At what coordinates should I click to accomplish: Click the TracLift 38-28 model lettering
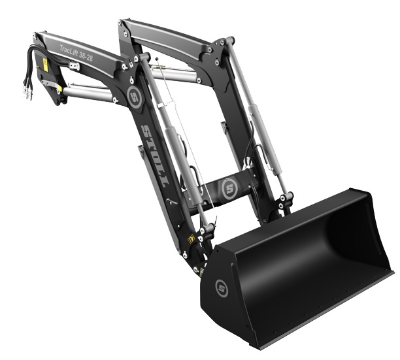click(x=76, y=53)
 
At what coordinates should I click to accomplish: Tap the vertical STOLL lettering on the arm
click(x=155, y=155)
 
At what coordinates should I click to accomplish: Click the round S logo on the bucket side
click(x=222, y=288)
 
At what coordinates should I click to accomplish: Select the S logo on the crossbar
click(x=229, y=188)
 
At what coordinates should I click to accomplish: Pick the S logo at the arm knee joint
click(x=135, y=97)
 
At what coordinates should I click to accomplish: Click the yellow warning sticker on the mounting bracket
click(x=45, y=65)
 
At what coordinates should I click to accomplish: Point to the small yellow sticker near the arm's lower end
click(x=191, y=239)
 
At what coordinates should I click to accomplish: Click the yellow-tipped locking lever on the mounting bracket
click(x=52, y=86)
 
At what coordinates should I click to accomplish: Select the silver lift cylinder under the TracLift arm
click(x=88, y=93)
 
